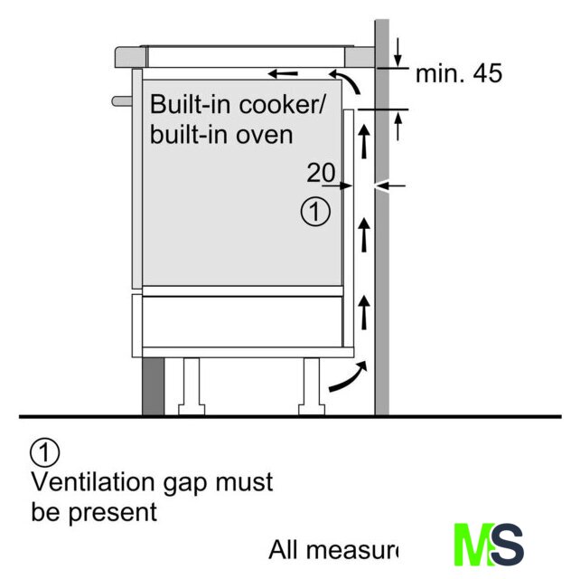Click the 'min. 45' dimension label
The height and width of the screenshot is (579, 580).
tap(458, 74)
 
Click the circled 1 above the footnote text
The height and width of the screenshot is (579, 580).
tap(43, 451)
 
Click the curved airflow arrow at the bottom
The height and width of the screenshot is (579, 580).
tap(348, 378)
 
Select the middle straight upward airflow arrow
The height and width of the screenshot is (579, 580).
tap(365, 233)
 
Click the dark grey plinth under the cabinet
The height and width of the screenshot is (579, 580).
tap(154, 386)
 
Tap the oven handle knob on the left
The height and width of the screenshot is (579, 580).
tap(118, 100)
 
